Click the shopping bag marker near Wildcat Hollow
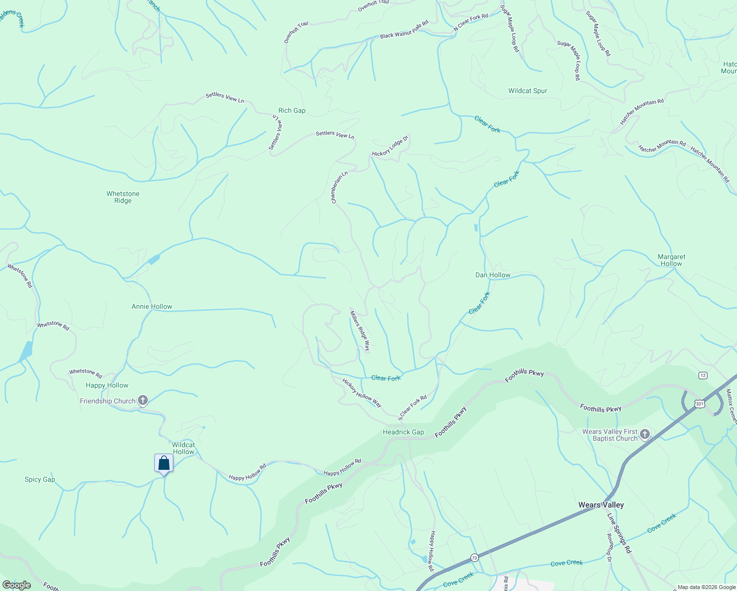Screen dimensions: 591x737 click(x=164, y=463)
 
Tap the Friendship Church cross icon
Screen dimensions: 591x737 click(x=143, y=400)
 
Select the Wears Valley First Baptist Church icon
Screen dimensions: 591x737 click(x=645, y=434)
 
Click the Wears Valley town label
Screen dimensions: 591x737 click(x=601, y=505)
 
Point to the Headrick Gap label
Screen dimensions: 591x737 click(x=403, y=432)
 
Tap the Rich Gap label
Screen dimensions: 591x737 click(x=292, y=110)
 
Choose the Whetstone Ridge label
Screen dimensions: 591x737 click(x=123, y=197)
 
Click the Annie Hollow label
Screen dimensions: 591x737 click(x=152, y=306)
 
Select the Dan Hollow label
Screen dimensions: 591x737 click(x=493, y=275)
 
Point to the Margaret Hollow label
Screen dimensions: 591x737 click(x=671, y=260)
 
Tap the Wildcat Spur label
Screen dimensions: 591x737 click(x=528, y=91)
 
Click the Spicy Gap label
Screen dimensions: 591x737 click(x=40, y=479)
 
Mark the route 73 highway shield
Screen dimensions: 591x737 click(x=474, y=558)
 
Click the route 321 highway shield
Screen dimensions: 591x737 click(x=700, y=403)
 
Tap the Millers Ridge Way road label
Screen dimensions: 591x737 click(x=360, y=330)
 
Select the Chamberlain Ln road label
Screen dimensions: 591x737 click(x=339, y=187)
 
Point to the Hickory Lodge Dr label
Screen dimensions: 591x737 click(x=390, y=146)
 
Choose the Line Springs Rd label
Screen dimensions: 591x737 click(x=619, y=533)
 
